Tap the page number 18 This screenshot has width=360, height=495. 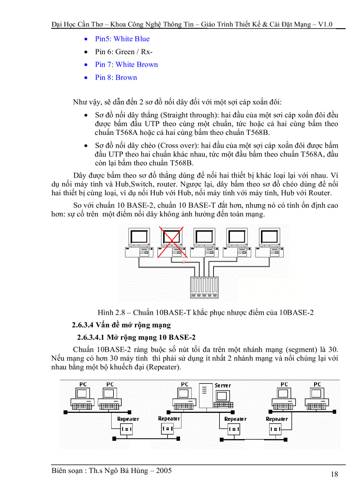pos(334,474)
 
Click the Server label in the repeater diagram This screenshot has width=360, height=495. pos(223,385)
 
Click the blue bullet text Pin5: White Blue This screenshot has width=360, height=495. pos(122,39)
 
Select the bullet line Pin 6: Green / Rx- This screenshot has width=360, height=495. pos(124,52)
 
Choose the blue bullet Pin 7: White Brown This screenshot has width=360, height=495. pos(126,64)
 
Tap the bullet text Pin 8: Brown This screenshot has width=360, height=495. pos(116,78)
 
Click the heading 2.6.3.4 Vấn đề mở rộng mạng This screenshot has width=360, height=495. pos(121,325)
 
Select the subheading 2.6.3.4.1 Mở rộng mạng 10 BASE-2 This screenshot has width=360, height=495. pos(136,338)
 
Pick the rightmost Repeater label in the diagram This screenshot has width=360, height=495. pos(277,419)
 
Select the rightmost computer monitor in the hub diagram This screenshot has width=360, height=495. pos(269,238)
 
